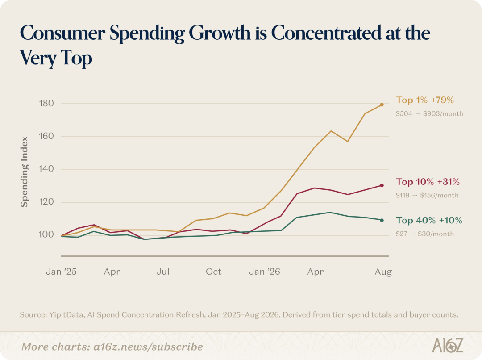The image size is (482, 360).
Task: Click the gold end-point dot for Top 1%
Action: click(x=382, y=105)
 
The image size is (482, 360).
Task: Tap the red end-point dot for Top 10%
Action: click(x=382, y=185)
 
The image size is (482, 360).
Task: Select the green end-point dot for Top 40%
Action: click(x=382, y=220)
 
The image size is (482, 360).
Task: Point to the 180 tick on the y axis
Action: click(x=46, y=103)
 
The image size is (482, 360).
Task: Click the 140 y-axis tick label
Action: click(x=46, y=169)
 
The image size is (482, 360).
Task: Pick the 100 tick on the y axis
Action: click(x=46, y=234)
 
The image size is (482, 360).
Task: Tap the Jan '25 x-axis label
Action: click(x=61, y=272)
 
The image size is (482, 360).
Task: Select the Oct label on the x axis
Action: click(x=214, y=272)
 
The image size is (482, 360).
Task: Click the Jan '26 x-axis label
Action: click(x=265, y=272)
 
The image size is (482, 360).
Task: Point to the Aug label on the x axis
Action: click(x=383, y=272)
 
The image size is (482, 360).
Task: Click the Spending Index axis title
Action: click(x=25, y=172)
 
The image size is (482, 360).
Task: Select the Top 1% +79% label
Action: click(x=425, y=100)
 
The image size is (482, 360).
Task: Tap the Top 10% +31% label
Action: click(x=428, y=182)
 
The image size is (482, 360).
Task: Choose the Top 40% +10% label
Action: click(x=429, y=220)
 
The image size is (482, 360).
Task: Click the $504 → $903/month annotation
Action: click(x=429, y=113)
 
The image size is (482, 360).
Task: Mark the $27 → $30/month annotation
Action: click(x=424, y=234)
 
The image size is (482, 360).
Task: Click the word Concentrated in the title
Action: click(x=326, y=33)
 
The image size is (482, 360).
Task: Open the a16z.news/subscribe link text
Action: click(x=148, y=347)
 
